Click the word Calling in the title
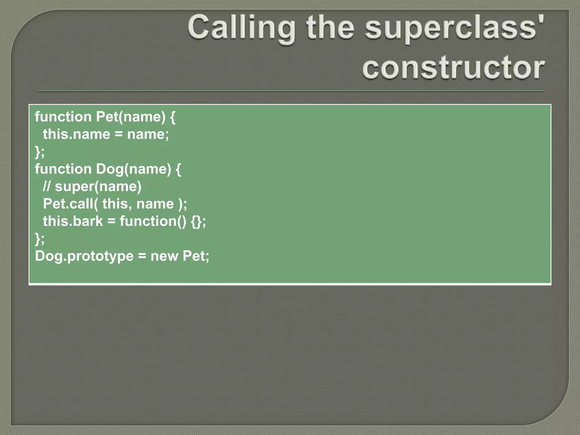coord(241,28)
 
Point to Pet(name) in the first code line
coord(131,117)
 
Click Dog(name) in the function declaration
coord(133,169)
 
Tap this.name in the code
coord(76,134)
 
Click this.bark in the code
coord(73,221)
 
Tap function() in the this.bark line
coord(153,221)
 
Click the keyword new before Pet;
coord(164,256)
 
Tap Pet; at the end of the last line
coord(196,256)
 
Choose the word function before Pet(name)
coord(63,117)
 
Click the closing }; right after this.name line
coord(40,152)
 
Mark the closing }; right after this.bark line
coord(40,239)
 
